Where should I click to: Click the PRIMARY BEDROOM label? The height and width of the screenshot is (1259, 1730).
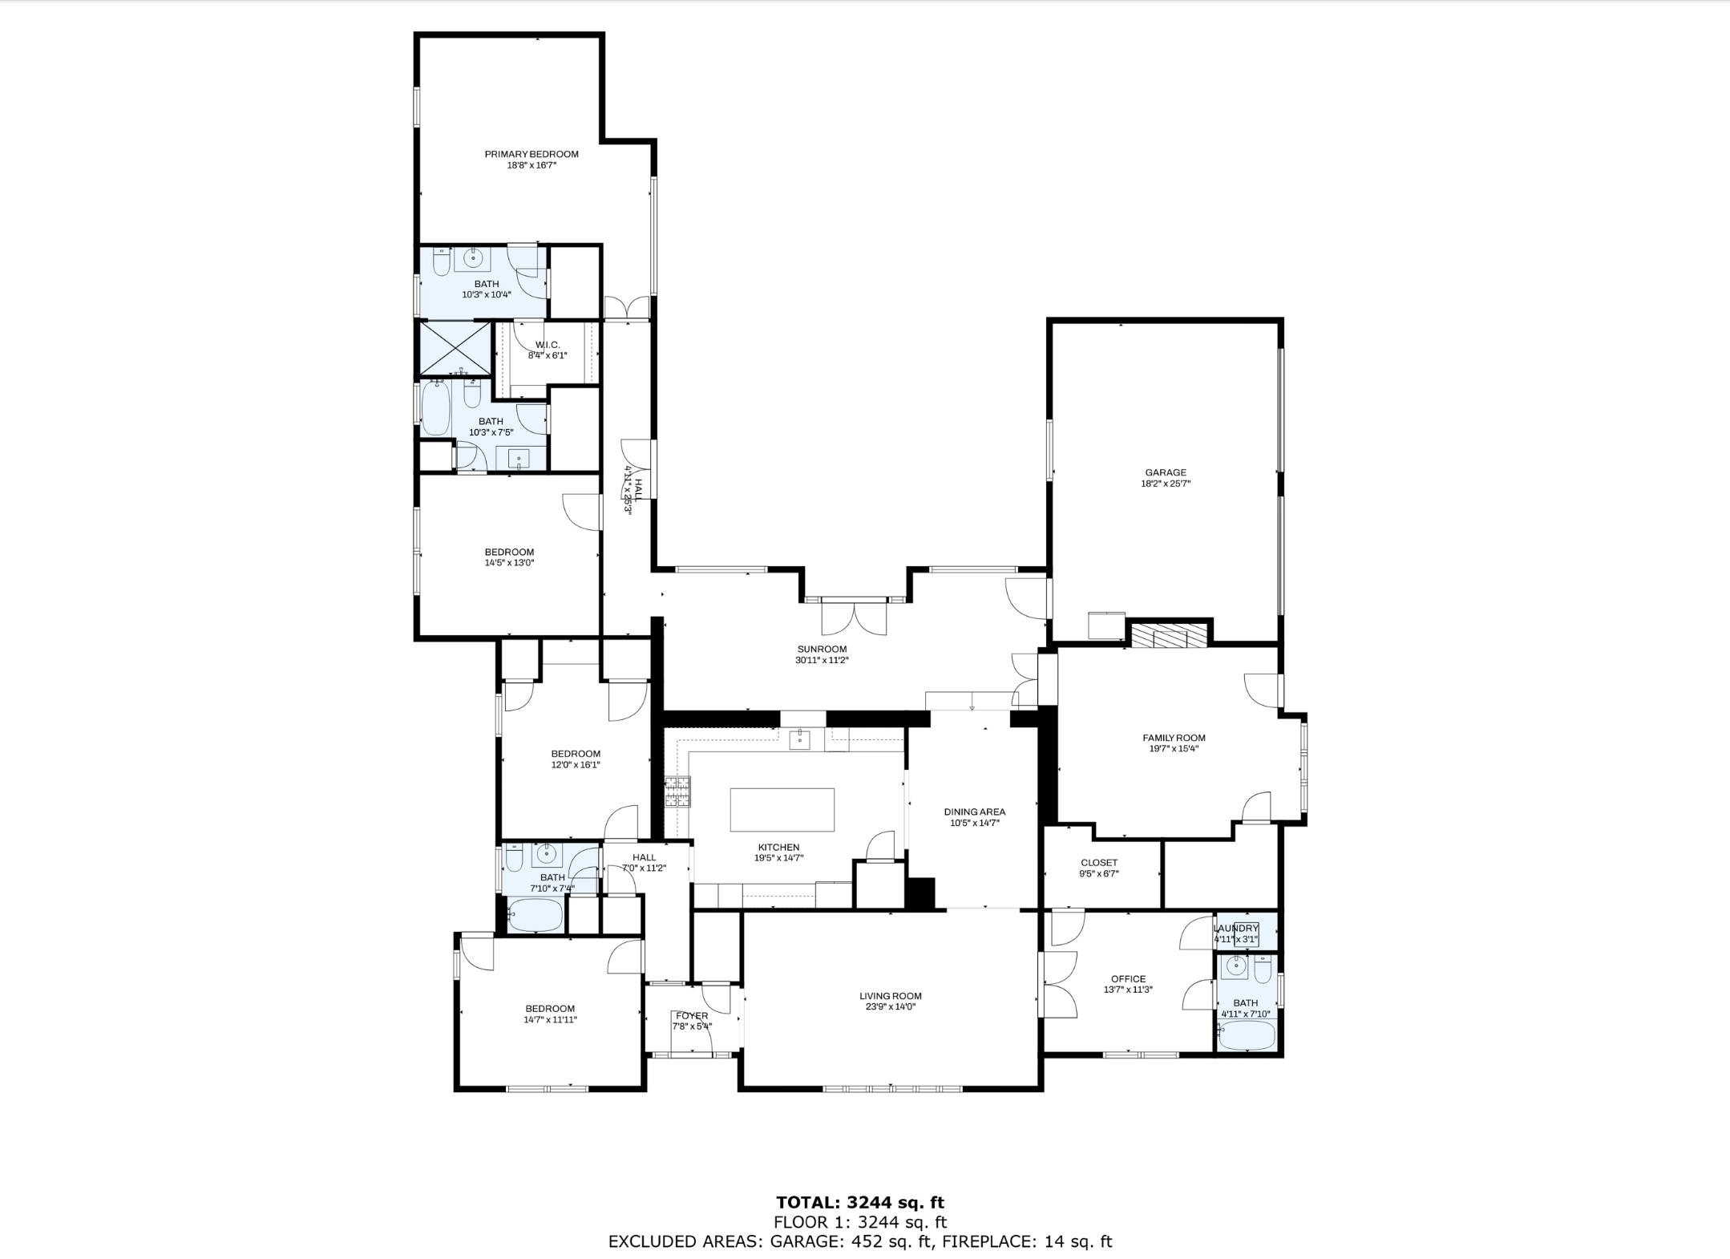[531, 154]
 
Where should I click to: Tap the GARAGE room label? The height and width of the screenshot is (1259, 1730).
[1165, 472]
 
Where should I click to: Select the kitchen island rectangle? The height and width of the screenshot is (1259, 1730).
[782, 809]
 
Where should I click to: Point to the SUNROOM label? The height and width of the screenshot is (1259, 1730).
[822, 649]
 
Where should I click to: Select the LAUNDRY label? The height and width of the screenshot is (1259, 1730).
[1235, 928]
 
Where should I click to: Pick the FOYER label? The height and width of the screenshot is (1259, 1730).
[691, 1015]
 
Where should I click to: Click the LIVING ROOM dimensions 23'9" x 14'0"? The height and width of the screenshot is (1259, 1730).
[890, 1006]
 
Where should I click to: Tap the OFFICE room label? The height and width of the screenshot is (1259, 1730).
[1128, 978]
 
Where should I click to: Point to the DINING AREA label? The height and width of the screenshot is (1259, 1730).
[974, 812]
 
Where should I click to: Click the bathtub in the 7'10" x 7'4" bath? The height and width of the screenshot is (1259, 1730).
[536, 915]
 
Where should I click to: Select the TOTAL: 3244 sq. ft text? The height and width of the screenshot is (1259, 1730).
[859, 1202]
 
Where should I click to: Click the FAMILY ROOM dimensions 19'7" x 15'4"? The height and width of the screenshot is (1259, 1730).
[1174, 748]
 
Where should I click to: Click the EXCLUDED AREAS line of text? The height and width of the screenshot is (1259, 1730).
[859, 1241]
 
